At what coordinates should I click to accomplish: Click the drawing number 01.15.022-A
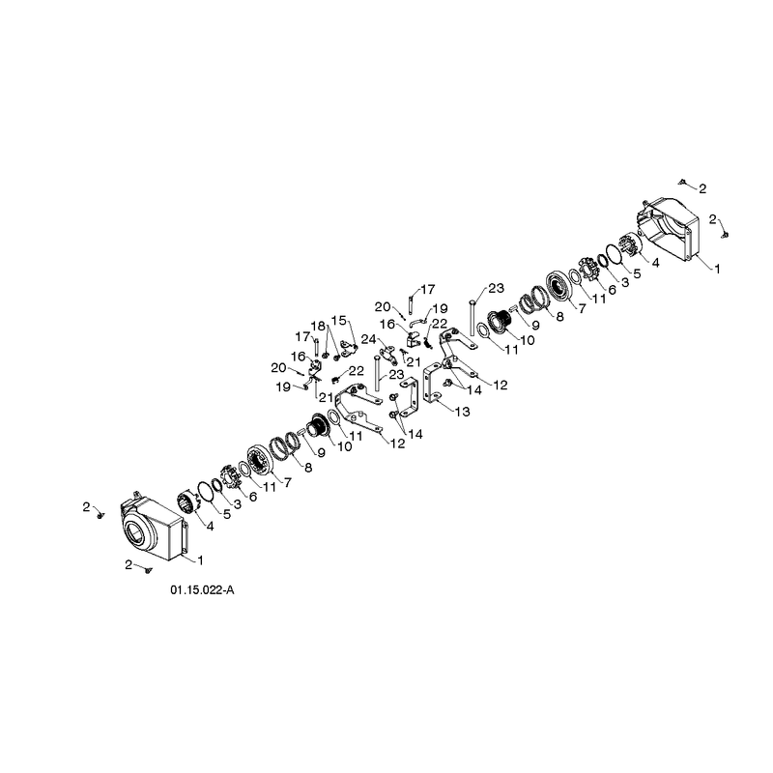(202, 589)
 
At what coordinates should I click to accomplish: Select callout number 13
(463, 412)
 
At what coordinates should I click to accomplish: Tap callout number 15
(339, 321)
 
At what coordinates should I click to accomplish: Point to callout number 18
(318, 326)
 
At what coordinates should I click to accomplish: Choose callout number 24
(369, 339)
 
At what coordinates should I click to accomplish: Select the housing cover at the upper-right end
(668, 229)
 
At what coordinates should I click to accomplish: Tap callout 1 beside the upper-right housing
(718, 269)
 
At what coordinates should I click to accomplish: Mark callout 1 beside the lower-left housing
(200, 560)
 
